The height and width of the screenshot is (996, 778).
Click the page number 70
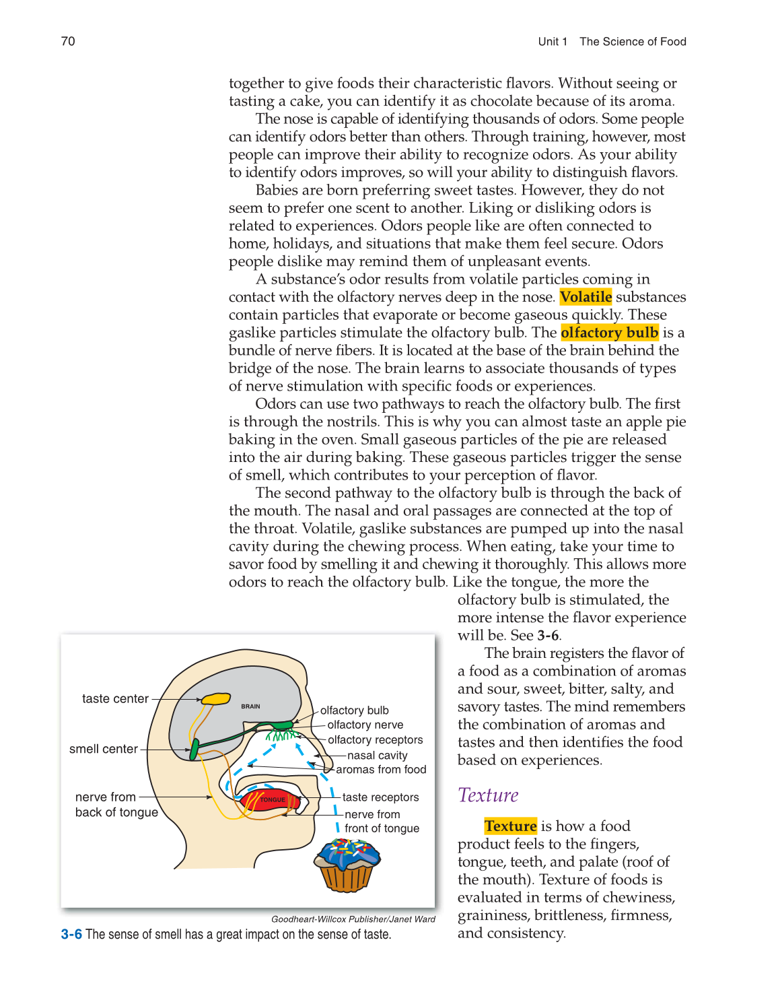pyautogui.click(x=68, y=42)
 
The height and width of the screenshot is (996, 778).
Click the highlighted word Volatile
pyautogui.click(x=586, y=297)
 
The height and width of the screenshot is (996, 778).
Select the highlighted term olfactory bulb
pyautogui.click(x=609, y=333)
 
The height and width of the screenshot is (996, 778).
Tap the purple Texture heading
pyautogui.click(x=488, y=795)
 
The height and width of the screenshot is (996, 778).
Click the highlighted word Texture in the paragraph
pyautogui.click(x=510, y=826)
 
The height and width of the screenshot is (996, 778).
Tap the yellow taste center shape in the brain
pyautogui.click(x=216, y=699)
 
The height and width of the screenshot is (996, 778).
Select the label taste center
pyautogui.click(x=115, y=699)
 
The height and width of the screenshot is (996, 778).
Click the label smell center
pyautogui.click(x=104, y=749)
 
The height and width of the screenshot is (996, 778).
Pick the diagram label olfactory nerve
pyautogui.click(x=365, y=725)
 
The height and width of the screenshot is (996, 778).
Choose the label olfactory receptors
pyautogui.click(x=375, y=740)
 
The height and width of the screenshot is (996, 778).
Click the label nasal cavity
pyautogui.click(x=377, y=756)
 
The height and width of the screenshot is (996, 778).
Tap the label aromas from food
pyautogui.click(x=381, y=770)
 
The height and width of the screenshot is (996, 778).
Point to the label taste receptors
pyautogui.click(x=380, y=797)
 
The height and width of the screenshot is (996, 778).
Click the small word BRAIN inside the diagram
pyautogui.click(x=250, y=706)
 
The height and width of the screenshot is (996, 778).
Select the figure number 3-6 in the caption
pyautogui.click(x=71, y=935)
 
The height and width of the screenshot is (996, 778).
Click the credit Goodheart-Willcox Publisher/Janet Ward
pyautogui.click(x=353, y=919)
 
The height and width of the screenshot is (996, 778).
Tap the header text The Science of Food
pyautogui.click(x=633, y=42)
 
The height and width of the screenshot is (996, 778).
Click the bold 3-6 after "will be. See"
pyautogui.click(x=548, y=636)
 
